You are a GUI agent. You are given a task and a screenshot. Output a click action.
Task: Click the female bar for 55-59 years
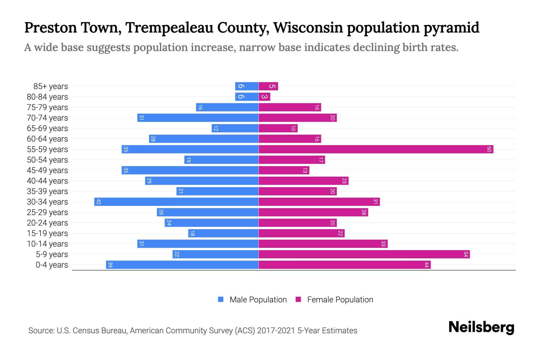pos(376,149)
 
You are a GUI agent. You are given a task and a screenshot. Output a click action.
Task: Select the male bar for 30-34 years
pos(176,202)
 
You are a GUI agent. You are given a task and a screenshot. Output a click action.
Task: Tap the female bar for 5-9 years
pos(364,254)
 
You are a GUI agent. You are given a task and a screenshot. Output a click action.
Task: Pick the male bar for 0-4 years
pos(182,265)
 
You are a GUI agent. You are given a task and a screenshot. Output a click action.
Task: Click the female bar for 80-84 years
pos(264,97)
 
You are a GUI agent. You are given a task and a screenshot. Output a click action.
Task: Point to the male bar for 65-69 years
pos(235,128)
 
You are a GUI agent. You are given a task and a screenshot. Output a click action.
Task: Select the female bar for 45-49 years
pos(284,170)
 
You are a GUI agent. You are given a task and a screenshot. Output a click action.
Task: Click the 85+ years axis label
pos(51,86)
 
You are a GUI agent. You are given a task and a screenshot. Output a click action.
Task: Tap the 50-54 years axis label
pos(47,160)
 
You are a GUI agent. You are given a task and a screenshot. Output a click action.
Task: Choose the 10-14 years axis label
pos(47,244)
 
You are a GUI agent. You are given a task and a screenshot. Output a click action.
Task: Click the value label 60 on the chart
pos(489,149)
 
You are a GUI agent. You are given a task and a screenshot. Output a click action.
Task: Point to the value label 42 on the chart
pos(98,202)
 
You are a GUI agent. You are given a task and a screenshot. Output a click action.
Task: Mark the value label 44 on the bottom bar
pos(426,265)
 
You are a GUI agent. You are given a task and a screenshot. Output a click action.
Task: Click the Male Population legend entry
pos(258,299)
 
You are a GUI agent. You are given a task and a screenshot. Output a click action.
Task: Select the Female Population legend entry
pos(340,299)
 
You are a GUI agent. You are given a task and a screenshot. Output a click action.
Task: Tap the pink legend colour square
pos(298,299)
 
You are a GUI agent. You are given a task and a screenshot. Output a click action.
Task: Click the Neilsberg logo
pos(481,327)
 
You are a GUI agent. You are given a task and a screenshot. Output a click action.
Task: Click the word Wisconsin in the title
pos(308,28)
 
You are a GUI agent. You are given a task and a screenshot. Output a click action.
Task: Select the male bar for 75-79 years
pos(227,107)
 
